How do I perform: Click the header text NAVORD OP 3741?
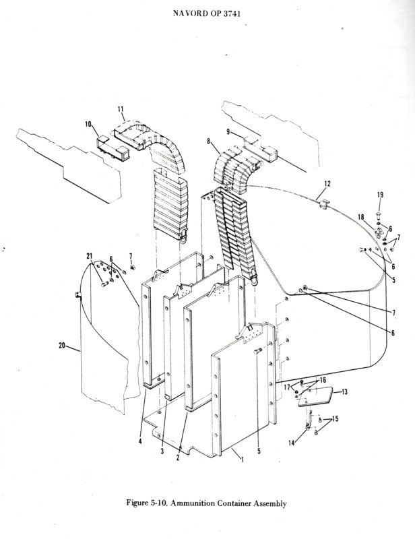207,13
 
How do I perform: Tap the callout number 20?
62,345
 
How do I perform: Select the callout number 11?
121,109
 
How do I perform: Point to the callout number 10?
89,124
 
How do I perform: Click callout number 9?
228,131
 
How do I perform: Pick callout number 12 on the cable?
327,183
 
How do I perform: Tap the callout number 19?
380,195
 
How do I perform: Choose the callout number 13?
344,391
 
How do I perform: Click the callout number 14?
292,443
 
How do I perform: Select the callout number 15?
336,418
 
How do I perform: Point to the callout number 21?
90,256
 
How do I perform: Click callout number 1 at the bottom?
243,459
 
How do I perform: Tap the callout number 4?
140,442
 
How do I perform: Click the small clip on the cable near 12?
323,204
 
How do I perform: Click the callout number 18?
361,217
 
